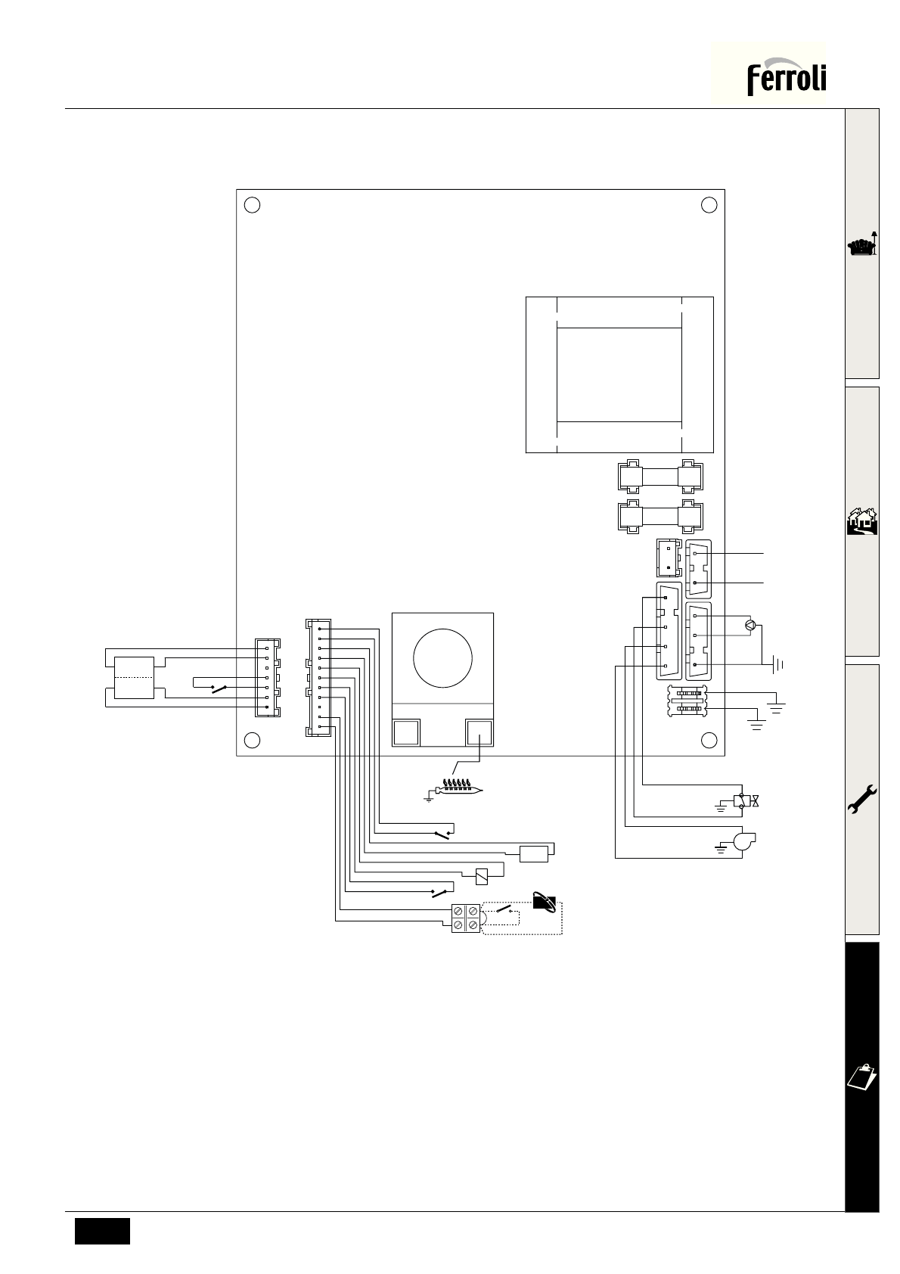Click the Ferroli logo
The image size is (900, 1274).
coord(786,79)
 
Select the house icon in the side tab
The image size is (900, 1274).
coord(862,522)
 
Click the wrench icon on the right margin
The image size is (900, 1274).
coord(862,799)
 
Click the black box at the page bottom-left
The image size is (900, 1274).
coord(102,1231)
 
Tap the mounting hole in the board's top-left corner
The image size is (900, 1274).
coord(253,204)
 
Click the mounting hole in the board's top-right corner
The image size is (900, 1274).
coord(709,204)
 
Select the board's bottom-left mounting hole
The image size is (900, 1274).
coord(253,740)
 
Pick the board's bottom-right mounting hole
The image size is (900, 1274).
coord(709,740)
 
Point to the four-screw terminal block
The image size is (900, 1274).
coord(465,918)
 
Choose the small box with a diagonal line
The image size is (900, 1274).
coord(481,877)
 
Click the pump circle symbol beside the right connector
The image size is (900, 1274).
coord(749,625)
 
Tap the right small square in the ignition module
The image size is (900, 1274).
coord(479,732)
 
